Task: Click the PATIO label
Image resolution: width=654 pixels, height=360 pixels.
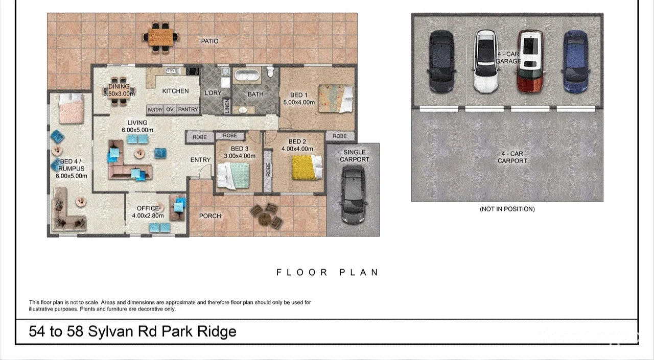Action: pos(209,41)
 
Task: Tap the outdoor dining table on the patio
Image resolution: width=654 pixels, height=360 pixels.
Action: pos(161,37)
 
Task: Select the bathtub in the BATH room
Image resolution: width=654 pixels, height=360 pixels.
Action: pos(247,76)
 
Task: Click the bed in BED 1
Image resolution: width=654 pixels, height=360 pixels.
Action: pos(335,98)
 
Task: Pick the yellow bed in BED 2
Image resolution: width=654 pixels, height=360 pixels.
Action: pos(307,167)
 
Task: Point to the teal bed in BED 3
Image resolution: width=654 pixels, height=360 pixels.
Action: pos(233,175)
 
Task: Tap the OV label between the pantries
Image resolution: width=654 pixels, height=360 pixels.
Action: pos(170,109)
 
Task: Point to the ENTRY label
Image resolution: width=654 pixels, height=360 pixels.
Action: pos(200,160)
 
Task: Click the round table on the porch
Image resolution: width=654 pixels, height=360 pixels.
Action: pos(265,218)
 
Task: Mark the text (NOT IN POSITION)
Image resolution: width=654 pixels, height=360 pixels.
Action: pos(507,209)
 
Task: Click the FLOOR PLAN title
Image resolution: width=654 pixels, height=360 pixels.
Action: pos(328,273)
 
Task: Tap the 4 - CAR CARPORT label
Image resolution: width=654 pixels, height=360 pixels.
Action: pos(512,157)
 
